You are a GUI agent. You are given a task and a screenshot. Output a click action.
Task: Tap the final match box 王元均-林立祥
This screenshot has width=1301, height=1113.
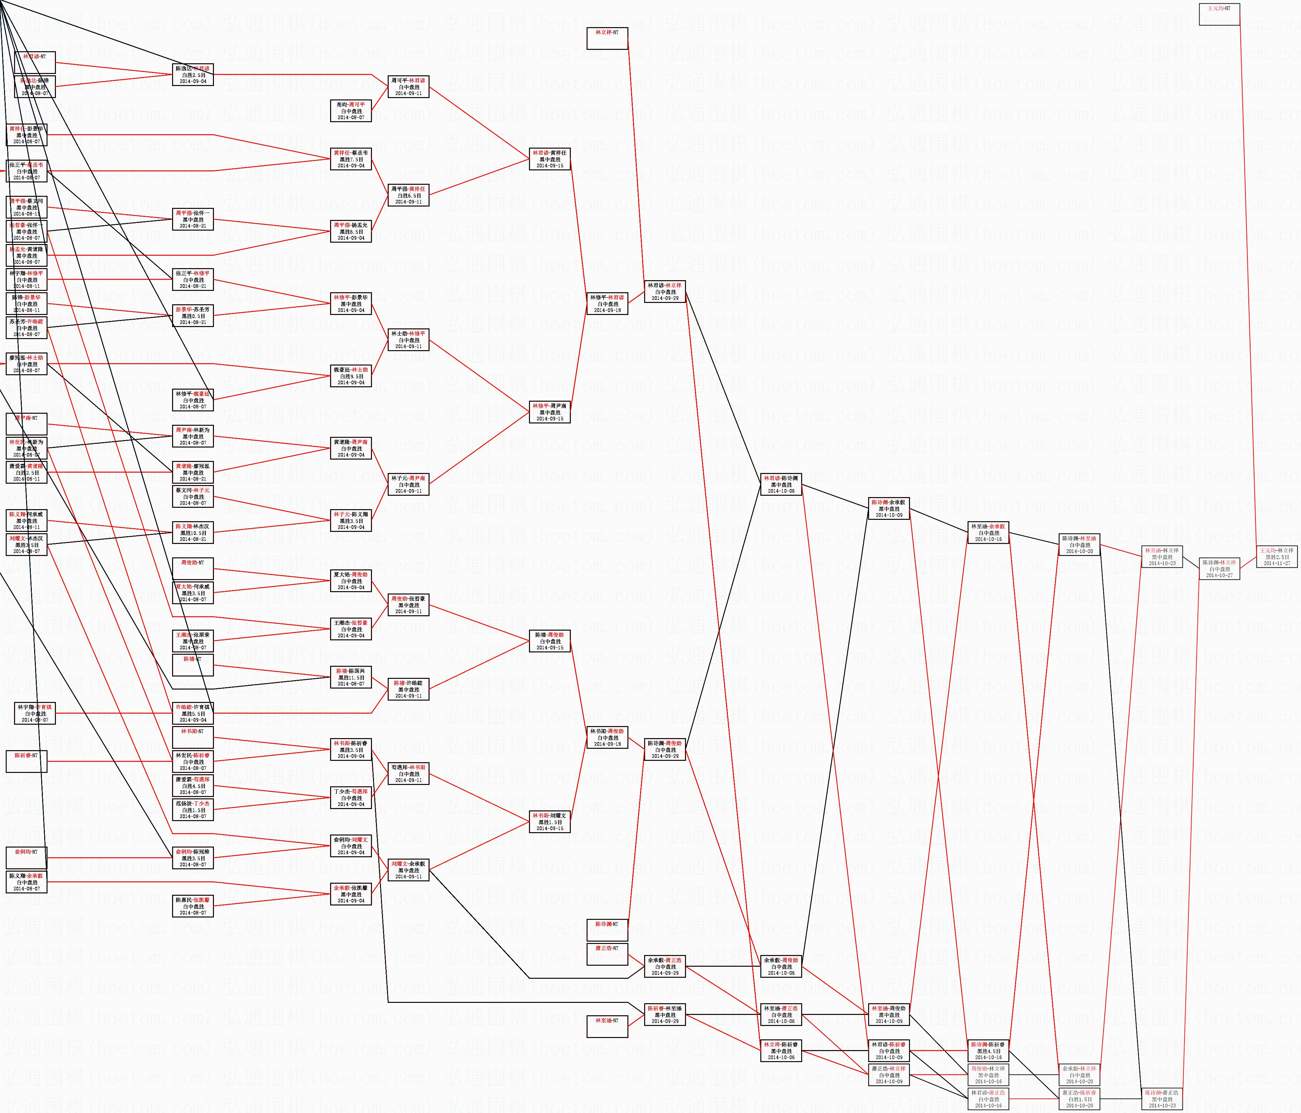[1276, 557]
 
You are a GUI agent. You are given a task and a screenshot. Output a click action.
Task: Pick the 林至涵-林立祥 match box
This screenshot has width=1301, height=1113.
[1162, 557]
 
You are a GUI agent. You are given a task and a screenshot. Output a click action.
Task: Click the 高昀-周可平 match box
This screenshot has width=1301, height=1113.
[351, 110]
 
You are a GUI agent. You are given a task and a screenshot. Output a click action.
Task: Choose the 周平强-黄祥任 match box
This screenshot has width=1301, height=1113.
[409, 194]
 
